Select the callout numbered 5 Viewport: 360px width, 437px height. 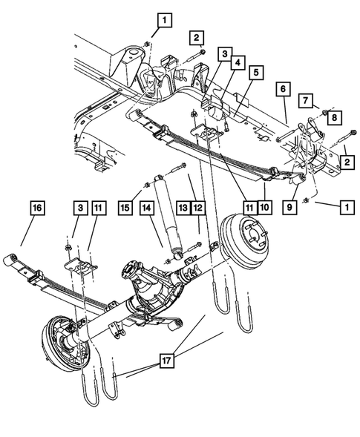(x=255, y=73)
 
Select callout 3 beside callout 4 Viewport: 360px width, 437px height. (x=224, y=54)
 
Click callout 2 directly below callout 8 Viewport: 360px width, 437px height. (x=346, y=160)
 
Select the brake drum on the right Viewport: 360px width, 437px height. (x=246, y=242)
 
